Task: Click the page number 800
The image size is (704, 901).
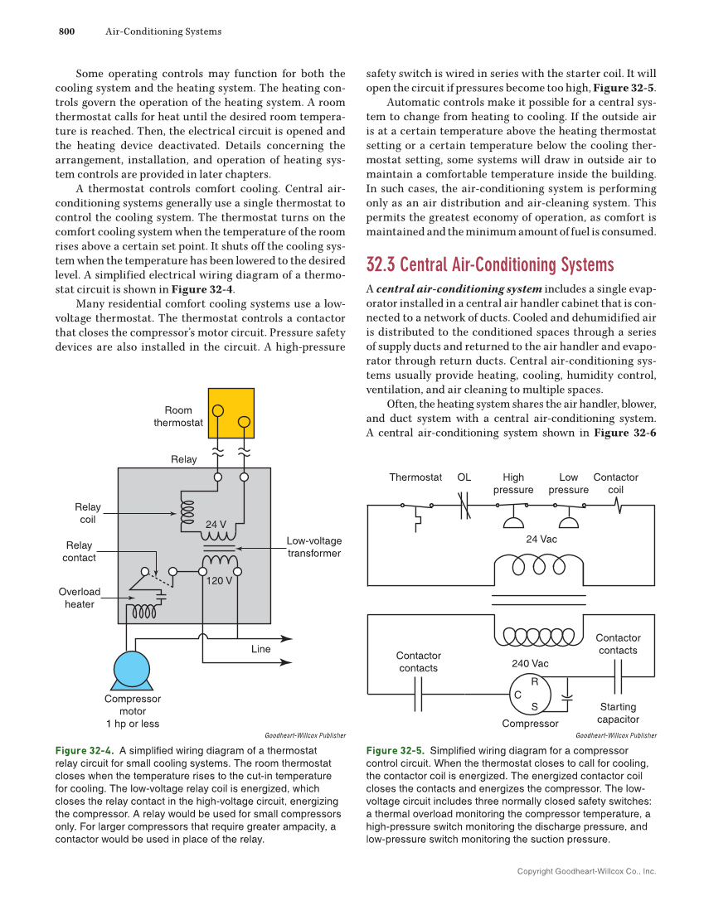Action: click(66, 31)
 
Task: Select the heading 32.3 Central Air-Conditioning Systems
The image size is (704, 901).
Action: click(490, 264)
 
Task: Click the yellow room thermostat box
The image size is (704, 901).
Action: click(231, 412)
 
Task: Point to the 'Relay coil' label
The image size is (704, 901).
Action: click(87, 513)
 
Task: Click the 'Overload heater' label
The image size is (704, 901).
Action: click(80, 598)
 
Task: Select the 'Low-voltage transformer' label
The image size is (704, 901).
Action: click(314, 547)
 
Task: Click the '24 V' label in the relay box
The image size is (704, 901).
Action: click(216, 523)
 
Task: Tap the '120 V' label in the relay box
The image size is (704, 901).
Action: click(219, 580)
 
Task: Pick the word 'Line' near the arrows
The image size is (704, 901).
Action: click(261, 649)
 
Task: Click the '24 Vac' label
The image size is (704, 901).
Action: click(542, 539)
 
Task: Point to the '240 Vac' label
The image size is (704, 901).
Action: click(530, 663)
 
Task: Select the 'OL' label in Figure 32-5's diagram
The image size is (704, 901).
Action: click(464, 477)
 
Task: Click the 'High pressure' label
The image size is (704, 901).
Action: click(513, 483)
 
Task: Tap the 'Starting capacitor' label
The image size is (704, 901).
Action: click(618, 713)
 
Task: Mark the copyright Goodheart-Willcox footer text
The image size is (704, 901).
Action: click(586, 871)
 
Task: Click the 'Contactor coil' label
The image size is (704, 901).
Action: click(615, 483)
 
